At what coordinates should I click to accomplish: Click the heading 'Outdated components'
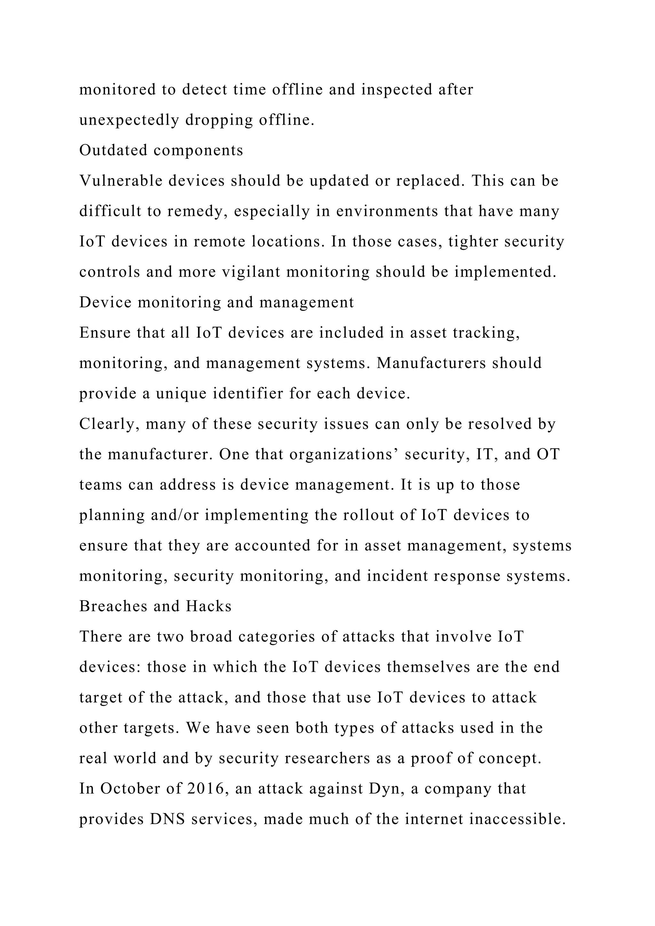[x=161, y=150]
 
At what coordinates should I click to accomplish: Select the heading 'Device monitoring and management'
[x=216, y=302]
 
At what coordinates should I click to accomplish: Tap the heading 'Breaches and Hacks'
[x=155, y=606]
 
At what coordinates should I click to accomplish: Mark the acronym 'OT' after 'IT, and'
[x=548, y=455]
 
